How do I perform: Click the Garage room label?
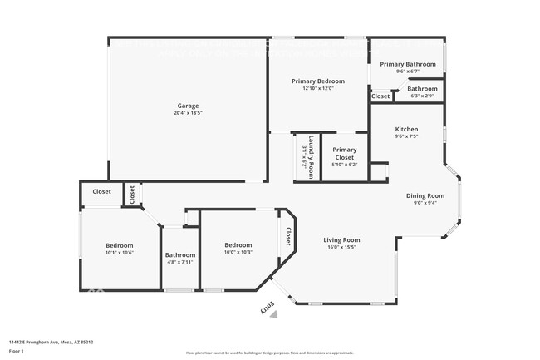(188, 106)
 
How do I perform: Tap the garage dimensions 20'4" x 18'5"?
(188, 113)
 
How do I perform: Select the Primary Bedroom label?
(317, 81)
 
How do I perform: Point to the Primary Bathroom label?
(408, 64)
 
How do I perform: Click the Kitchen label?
(406, 129)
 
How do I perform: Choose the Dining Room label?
(425, 195)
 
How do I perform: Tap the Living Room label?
(341, 239)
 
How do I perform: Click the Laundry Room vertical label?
(311, 156)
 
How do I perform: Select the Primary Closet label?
(345, 154)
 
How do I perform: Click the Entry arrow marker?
(271, 309)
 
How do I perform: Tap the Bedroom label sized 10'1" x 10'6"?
(120, 245)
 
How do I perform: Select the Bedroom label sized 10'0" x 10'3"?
(238, 244)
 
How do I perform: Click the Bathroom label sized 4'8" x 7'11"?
(179, 254)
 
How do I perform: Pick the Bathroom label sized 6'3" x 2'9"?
(422, 89)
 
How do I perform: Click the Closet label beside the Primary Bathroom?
(380, 96)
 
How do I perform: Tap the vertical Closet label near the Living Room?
(289, 237)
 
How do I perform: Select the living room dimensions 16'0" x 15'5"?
(341, 247)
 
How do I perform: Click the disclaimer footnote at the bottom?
(270, 353)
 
